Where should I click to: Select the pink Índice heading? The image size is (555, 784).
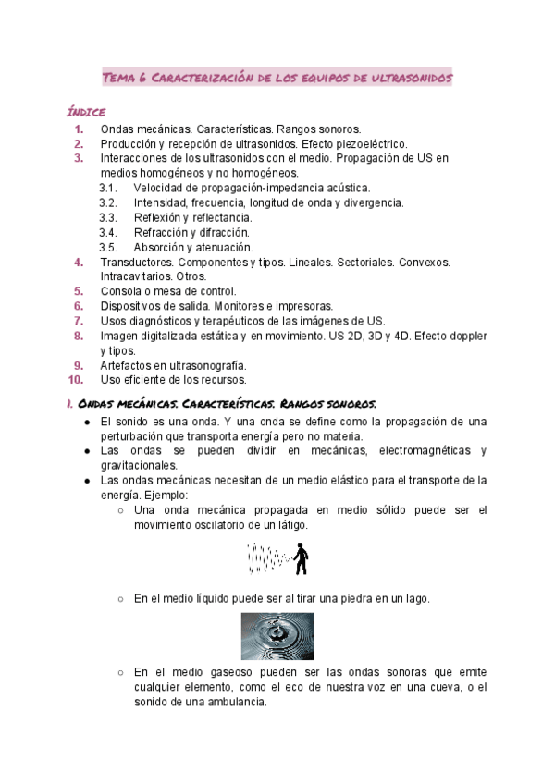click(86, 111)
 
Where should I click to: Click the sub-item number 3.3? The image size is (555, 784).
click(107, 217)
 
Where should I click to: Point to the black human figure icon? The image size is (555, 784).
click(301, 557)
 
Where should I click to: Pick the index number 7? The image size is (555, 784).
click(79, 320)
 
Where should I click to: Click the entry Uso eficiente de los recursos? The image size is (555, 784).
click(174, 379)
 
